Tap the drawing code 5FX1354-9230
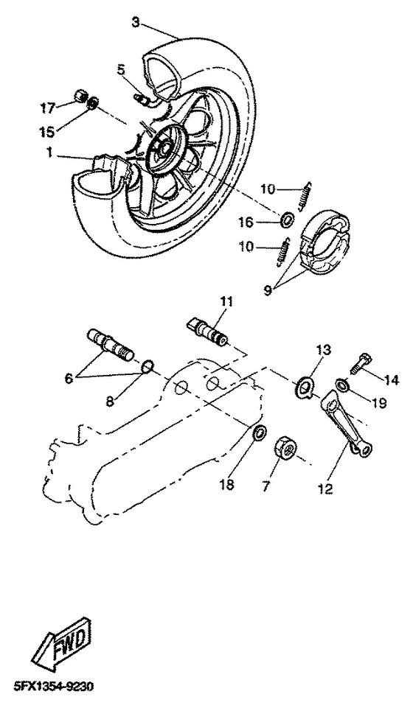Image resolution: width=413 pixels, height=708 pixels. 48,687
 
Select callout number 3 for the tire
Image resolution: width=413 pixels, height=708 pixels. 135,22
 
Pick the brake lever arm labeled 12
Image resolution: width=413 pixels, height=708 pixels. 347,423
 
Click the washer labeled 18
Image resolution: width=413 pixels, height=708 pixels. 259,433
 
